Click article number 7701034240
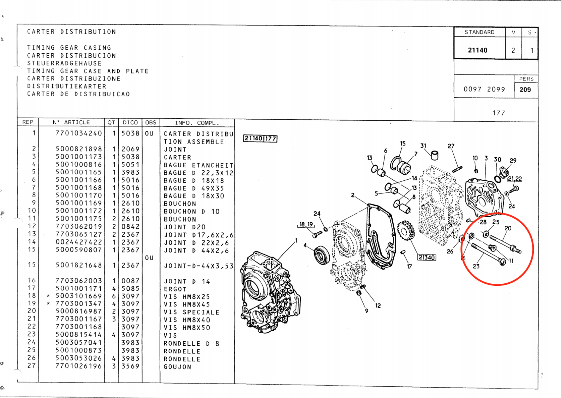point(79,133)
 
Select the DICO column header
point(130,122)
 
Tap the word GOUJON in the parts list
point(178,367)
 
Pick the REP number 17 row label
point(32,288)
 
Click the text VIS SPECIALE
point(192,312)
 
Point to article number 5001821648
point(79,265)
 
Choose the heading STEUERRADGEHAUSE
point(64,63)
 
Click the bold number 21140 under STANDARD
point(478,50)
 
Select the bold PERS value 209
point(525,90)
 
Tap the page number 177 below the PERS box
point(499,113)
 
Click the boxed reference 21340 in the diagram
point(427,257)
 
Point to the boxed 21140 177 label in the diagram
point(260,138)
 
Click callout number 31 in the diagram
point(423,146)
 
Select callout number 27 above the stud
point(451,146)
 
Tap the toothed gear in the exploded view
point(405,230)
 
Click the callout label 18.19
point(306,224)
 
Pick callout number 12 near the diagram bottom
point(378,306)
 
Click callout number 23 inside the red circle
point(476,266)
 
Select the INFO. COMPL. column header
point(197,123)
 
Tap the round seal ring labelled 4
point(322,255)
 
